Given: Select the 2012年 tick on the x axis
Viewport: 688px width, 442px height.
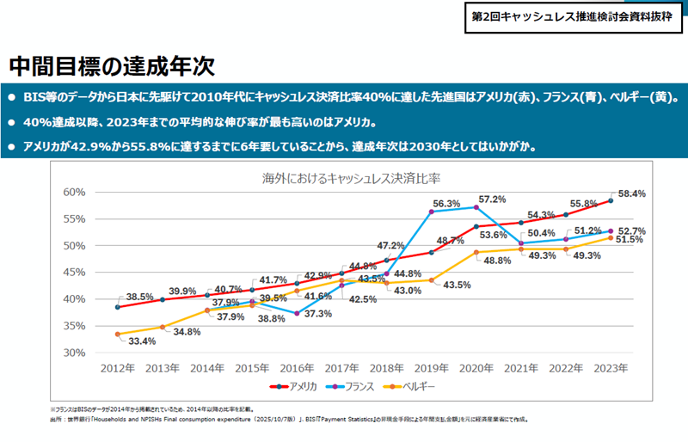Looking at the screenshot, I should pos(117,368).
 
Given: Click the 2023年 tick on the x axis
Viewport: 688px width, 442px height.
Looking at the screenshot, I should pos(611,368).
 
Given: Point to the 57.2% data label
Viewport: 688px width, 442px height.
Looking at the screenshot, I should pos(492,199).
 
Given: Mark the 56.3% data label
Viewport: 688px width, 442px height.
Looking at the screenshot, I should pos(445,203).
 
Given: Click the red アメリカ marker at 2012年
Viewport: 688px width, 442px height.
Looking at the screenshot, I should pos(117,307).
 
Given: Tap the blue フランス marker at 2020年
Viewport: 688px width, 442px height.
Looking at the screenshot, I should pos(476,207).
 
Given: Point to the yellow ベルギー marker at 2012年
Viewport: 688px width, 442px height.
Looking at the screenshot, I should pos(117,334).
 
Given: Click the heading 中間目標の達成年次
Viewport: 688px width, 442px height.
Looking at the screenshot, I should pos(111,64).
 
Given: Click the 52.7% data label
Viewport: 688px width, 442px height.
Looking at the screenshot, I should pos(631,231).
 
